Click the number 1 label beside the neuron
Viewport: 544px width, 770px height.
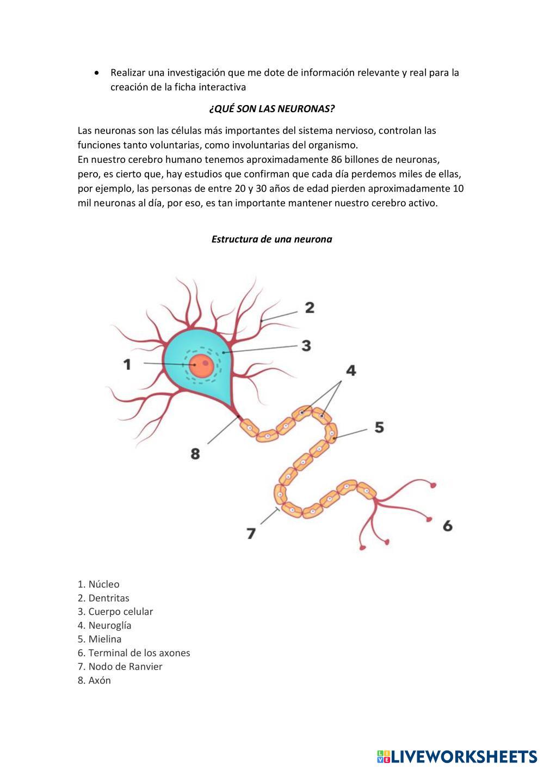click(x=127, y=364)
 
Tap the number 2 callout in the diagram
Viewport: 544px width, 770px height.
click(x=310, y=308)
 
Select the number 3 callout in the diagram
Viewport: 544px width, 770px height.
click(x=306, y=345)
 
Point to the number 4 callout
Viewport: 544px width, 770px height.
click(x=351, y=371)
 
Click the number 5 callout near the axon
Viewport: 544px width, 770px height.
click(x=379, y=427)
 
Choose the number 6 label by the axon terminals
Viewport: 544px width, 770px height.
click(x=448, y=525)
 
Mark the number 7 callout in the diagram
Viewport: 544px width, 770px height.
click(x=251, y=533)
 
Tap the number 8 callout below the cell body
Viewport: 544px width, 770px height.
click(x=195, y=453)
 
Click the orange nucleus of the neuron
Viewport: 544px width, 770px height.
click(x=202, y=365)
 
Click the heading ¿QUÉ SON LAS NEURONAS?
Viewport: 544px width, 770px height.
click(x=271, y=108)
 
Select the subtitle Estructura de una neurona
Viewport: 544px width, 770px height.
click(x=271, y=239)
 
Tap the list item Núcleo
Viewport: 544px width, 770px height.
click(x=98, y=584)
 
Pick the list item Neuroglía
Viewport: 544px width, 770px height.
click(x=104, y=625)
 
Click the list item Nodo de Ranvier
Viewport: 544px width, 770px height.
click(x=120, y=667)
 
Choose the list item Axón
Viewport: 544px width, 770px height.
click(x=94, y=680)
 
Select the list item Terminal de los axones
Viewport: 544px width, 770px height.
click(x=134, y=653)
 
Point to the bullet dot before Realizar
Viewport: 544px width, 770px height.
click(x=97, y=72)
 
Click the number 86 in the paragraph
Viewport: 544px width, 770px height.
click(x=336, y=160)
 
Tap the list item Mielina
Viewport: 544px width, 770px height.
click(x=100, y=639)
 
